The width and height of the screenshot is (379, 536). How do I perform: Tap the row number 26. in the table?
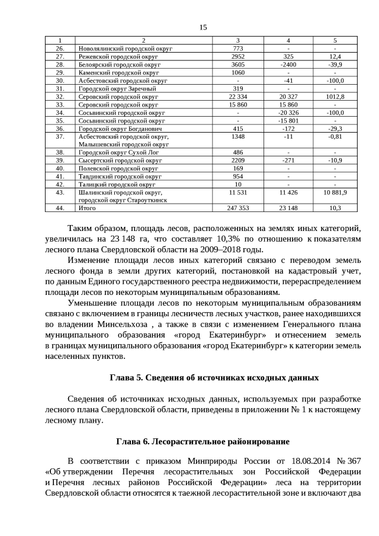pos(60,49)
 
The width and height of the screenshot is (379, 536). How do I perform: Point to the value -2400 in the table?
pos(288,64)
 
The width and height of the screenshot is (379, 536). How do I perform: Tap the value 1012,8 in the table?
pos(335,96)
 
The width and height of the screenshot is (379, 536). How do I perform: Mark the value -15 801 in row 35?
pos(288,120)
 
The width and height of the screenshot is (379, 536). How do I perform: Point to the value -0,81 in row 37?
pos(335,136)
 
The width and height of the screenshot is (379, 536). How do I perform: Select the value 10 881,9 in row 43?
pos(335,192)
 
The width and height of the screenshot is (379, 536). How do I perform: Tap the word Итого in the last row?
pos(87,208)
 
